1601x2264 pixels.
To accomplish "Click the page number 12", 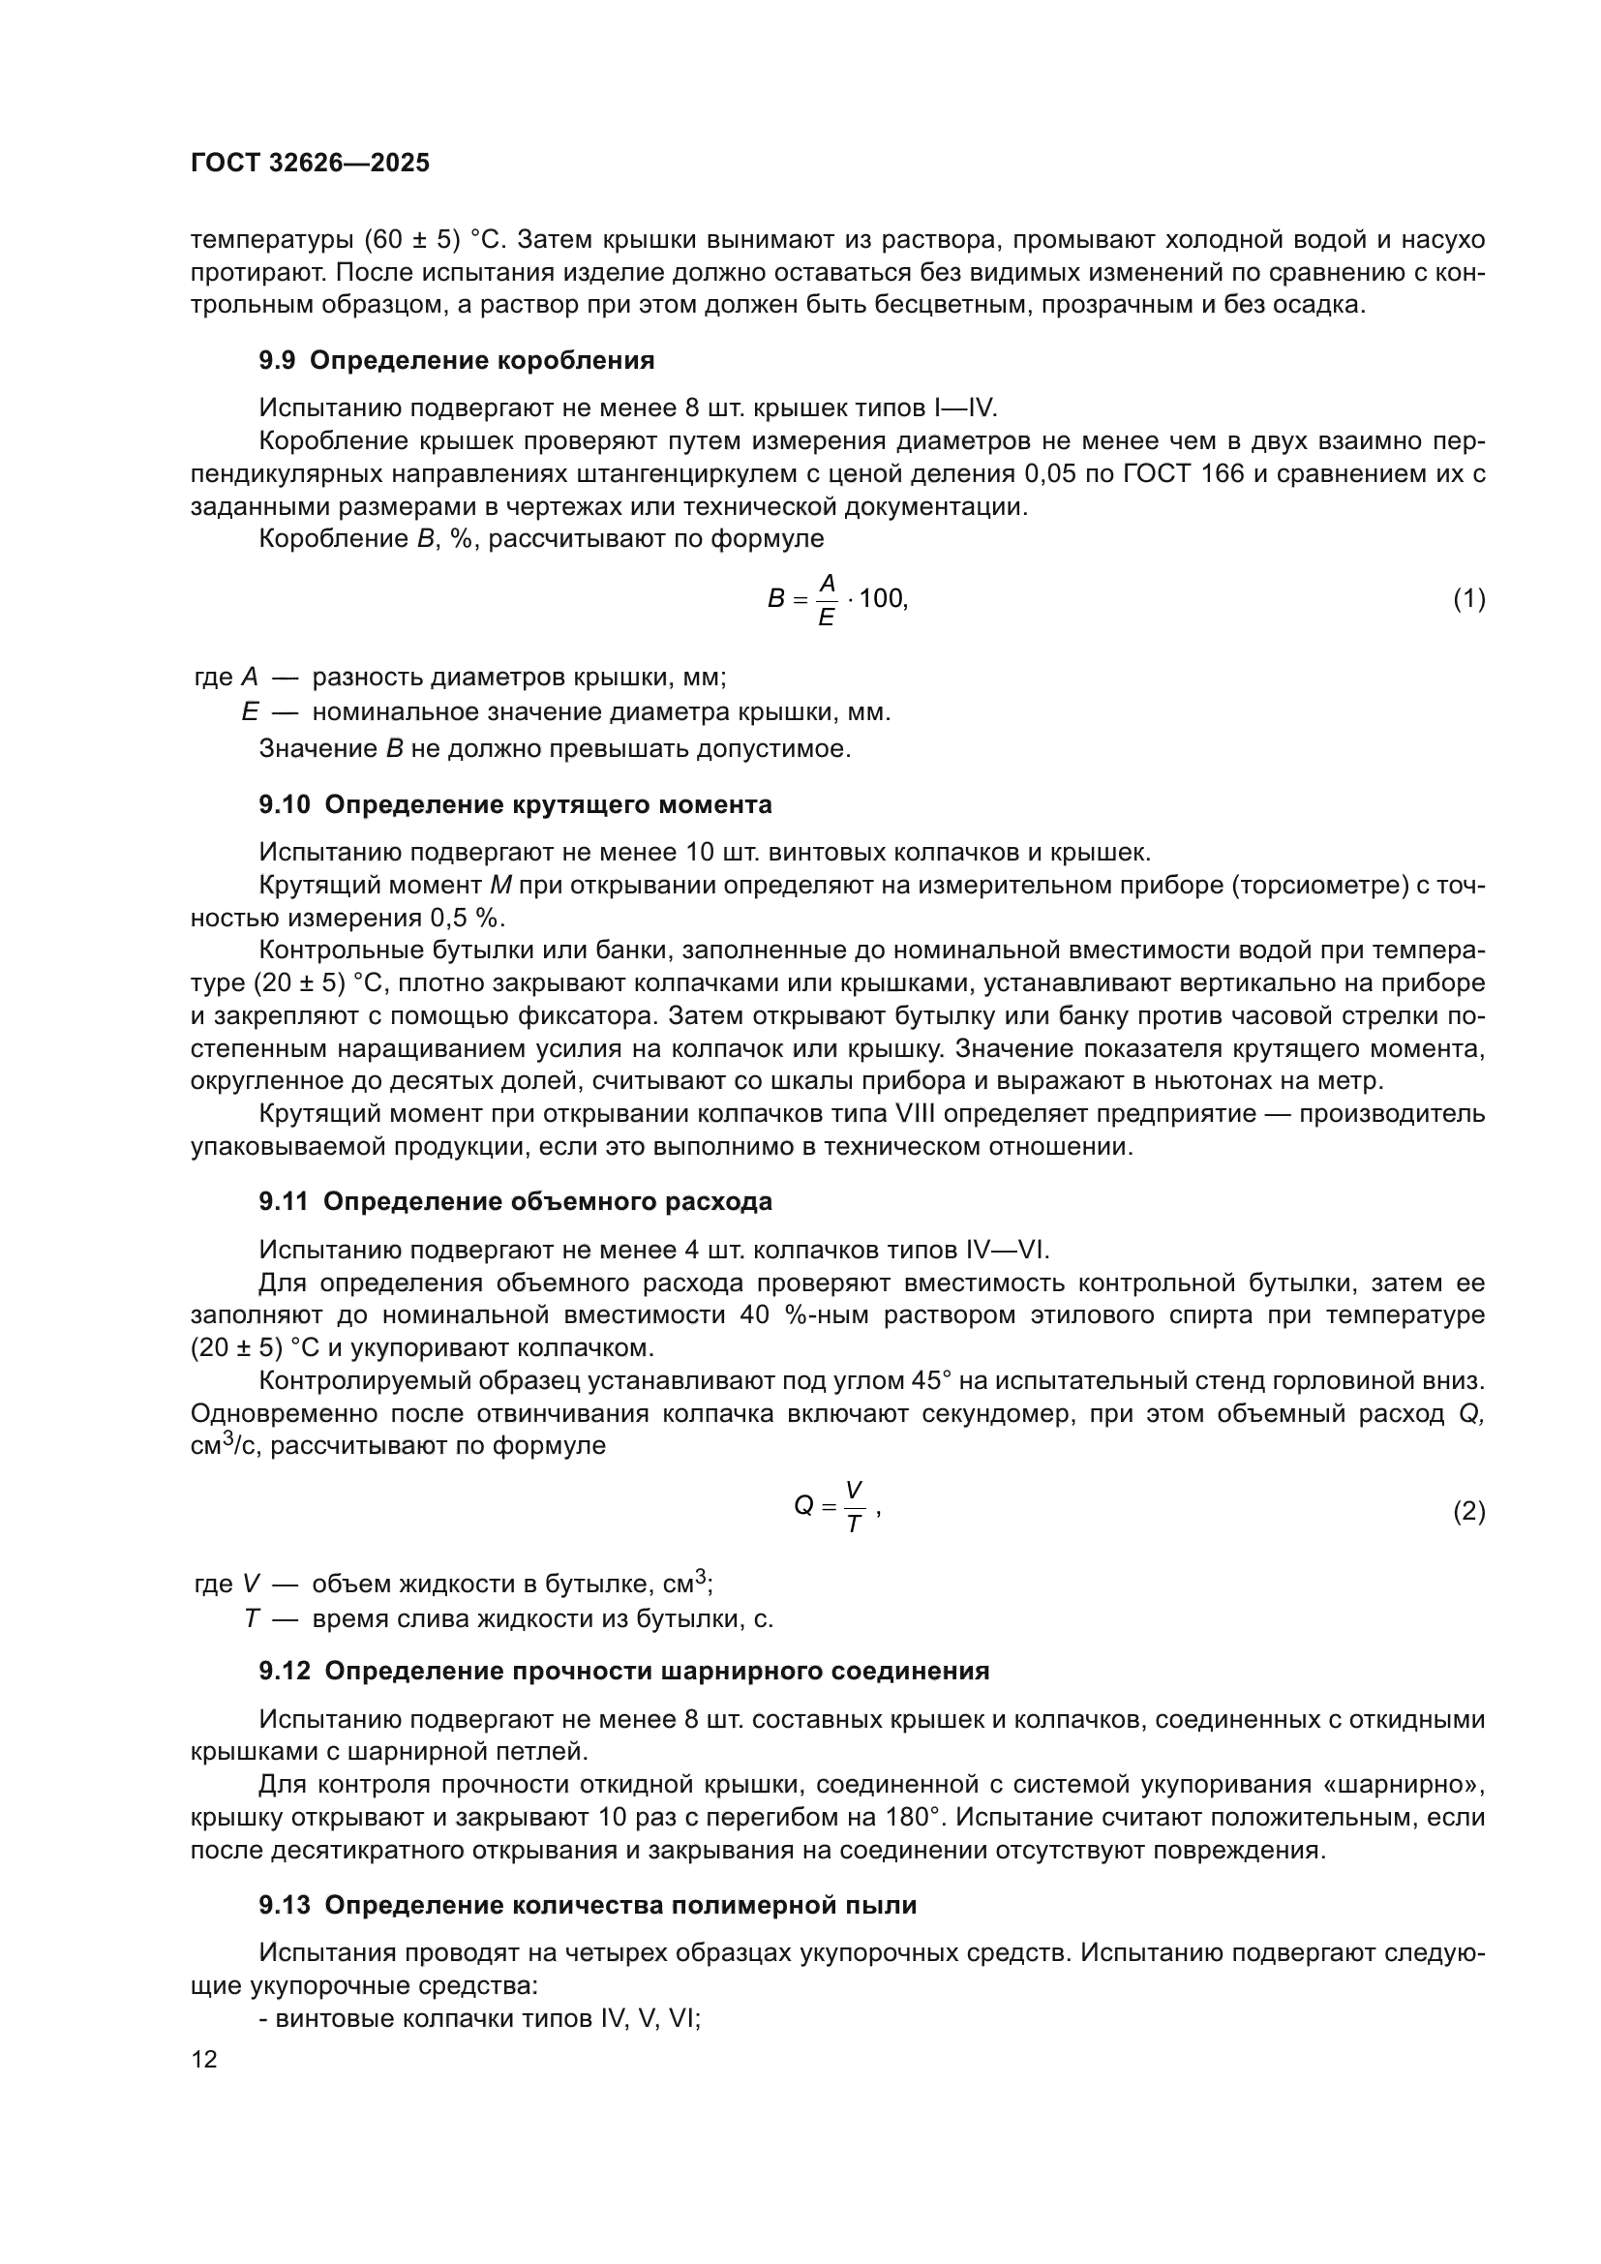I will pyautogui.click(x=204, y=2059).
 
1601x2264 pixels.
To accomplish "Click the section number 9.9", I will pyautogui.click(x=277, y=361).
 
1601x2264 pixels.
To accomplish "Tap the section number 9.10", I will pyautogui.click(x=284, y=805).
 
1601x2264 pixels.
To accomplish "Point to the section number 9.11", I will pyautogui.click(x=284, y=1202).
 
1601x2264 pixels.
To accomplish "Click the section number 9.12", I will pyautogui.click(x=284, y=1672).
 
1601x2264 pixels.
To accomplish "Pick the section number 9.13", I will pyautogui.click(x=284, y=1906).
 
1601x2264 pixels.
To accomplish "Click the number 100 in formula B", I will pyautogui.click(x=882, y=598).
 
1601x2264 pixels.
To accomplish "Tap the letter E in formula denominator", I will pyautogui.click(x=826, y=618).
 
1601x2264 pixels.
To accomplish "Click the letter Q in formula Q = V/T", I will pyautogui.click(x=803, y=1506).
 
